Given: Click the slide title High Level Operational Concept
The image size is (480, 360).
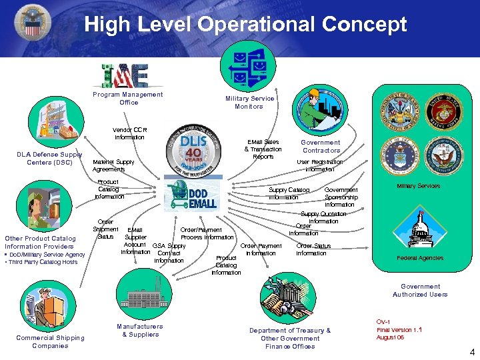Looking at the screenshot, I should [245, 25].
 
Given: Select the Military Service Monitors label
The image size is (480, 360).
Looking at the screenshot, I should [249, 102].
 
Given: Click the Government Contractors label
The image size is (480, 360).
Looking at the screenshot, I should [321, 147].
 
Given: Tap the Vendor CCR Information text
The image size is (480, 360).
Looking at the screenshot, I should [129, 133].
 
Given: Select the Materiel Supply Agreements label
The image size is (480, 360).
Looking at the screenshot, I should [113, 165].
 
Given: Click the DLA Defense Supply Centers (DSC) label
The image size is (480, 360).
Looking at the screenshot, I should [49, 159].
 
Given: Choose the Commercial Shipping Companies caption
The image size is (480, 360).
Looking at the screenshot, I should [50, 341].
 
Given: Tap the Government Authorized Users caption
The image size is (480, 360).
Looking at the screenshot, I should [420, 291].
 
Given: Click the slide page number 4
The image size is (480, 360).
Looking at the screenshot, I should [471, 351].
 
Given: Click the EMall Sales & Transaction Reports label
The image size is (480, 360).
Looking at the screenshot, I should [263, 149].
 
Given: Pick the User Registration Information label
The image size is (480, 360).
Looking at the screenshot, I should [320, 165].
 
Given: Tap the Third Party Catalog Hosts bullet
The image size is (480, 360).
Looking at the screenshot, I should [42, 262].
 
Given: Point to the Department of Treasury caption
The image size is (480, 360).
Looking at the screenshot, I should [290, 339].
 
